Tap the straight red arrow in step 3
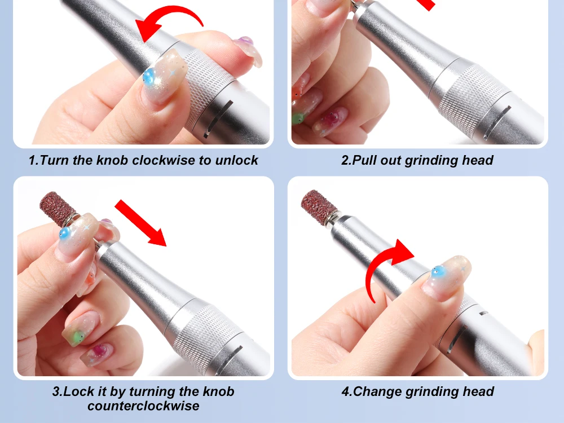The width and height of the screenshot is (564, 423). click(x=140, y=223)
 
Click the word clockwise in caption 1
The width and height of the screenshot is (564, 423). click(x=163, y=160)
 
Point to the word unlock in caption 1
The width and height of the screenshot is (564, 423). click(x=236, y=160)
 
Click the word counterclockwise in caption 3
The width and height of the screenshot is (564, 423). click(x=143, y=406)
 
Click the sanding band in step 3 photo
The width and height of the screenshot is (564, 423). click(x=58, y=208)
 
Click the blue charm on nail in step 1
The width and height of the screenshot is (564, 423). click(x=148, y=77)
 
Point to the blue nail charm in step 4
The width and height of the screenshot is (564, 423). click(x=438, y=272)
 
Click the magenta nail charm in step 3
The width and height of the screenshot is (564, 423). click(x=99, y=350)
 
